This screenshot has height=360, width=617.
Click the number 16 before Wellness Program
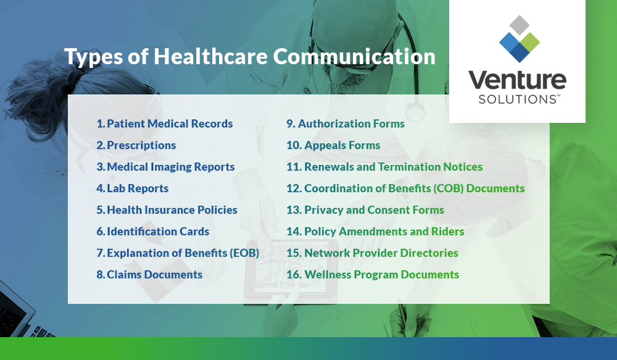point(294,275)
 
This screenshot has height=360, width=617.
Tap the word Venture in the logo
point(517,81)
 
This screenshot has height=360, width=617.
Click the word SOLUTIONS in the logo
point(513,99)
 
